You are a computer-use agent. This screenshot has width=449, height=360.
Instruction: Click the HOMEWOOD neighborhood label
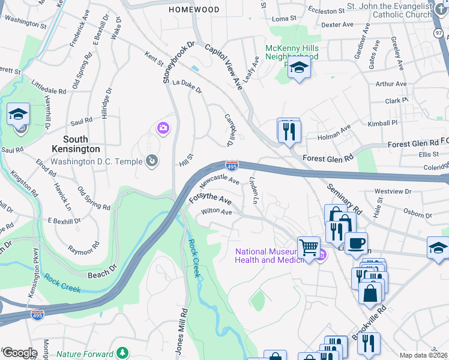click(194, 10)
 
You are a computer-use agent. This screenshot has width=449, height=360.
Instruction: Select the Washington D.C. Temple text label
click(97, 161)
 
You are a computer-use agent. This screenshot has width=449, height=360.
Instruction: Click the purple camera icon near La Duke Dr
click(162, 127)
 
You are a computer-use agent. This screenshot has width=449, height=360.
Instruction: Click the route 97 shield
click(442, 31)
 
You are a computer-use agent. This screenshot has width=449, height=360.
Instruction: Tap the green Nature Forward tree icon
click(122, 352)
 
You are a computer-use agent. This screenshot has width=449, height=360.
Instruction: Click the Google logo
click(19, 353)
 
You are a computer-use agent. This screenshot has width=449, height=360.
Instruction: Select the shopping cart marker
click(309, 246)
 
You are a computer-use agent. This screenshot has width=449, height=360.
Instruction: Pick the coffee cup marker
click(356, 242)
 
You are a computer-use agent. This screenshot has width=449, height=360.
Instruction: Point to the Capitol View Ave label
click(223, 66)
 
